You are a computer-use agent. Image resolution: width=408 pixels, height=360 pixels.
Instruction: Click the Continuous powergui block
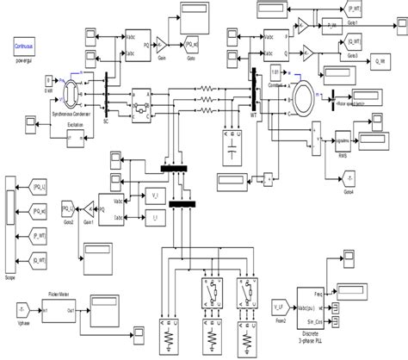[23, 42]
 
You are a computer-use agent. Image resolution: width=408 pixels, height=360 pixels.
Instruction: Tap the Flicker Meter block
[58, 307]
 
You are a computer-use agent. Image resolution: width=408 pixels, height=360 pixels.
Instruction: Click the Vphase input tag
[15, 307]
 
